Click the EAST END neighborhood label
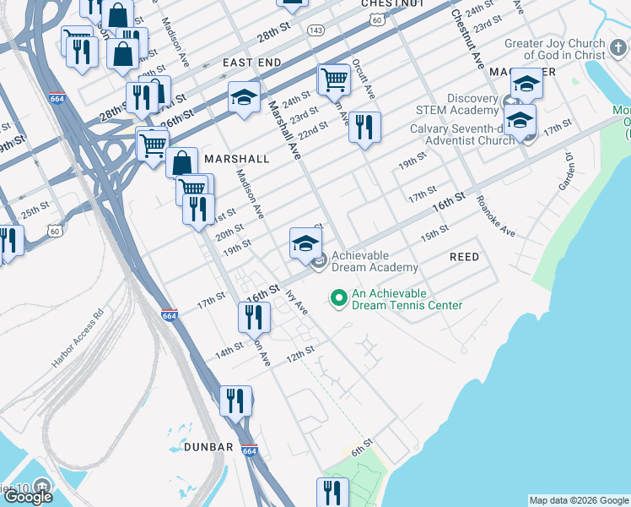point(251,63)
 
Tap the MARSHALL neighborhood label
point(236,159)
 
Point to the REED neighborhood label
point(464,257)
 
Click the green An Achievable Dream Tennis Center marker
point(338,298)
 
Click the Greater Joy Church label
point(554,50)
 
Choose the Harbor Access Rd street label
point(77,338)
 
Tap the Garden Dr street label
point(564,172)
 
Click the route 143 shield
point(315,30)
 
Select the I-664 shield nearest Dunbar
point(249,448)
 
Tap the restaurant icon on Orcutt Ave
point(364,128)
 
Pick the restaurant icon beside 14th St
point(253,318)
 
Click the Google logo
point(28,497)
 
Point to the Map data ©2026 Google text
point(579,500)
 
